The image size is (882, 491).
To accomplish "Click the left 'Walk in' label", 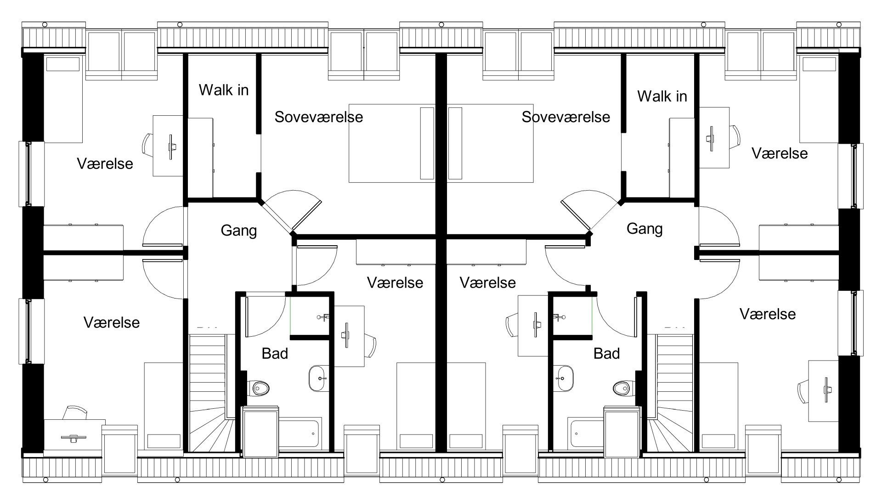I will point(223,90).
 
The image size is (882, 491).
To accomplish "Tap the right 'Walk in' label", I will point(662,96).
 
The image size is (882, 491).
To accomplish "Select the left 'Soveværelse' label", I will point(318,117).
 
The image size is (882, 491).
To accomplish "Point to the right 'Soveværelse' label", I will point(565,117).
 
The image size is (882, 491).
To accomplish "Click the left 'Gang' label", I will point(238,230).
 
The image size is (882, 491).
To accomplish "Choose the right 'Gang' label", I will point(644,228).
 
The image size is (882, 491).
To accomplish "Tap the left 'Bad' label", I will point(275,353).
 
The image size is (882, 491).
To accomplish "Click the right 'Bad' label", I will point(606,353).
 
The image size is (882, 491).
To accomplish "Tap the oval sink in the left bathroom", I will point(318,378).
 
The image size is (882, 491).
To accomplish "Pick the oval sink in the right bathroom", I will point(563,378).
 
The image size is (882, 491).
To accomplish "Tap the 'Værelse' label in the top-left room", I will point(105,164).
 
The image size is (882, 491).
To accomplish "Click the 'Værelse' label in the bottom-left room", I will point(111,322).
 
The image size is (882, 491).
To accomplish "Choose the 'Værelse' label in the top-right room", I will point(779,153).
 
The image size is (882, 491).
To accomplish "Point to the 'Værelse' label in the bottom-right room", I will point(767,314).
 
